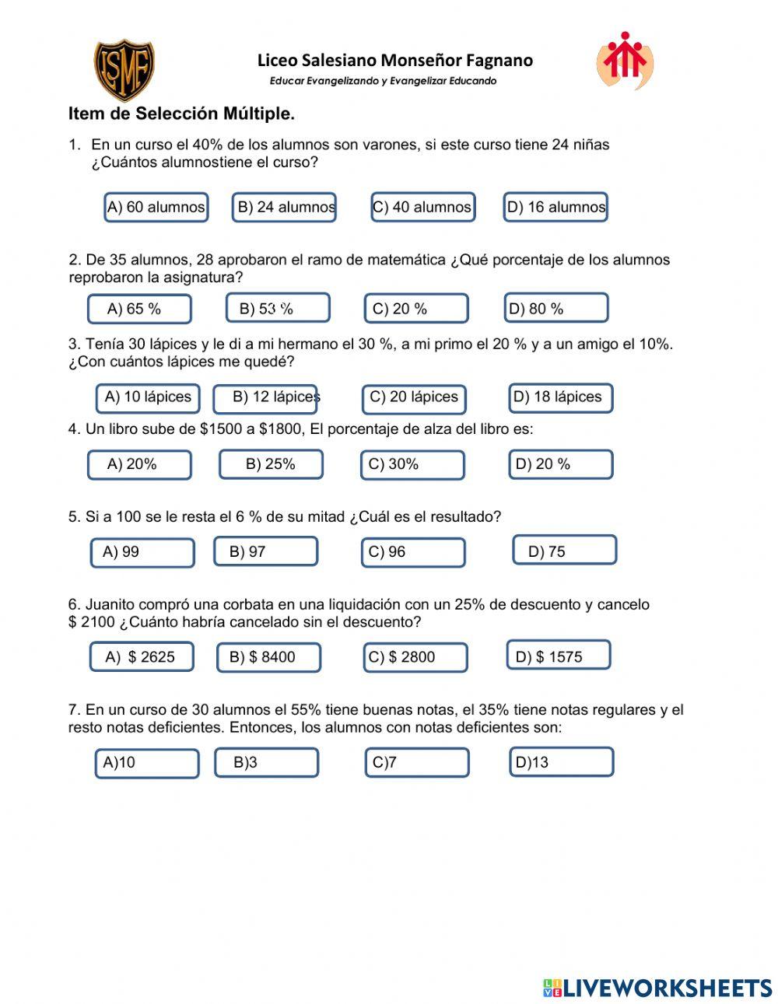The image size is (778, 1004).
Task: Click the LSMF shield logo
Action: coord(124,70)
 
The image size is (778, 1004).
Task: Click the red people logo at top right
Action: coord(625,60)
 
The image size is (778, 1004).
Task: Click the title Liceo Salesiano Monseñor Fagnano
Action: coord(395,61)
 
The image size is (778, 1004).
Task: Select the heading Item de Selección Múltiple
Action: coord(181,114)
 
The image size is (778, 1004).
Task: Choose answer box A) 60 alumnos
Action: coord(156,207)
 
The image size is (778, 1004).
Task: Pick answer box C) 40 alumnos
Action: coord(422,207)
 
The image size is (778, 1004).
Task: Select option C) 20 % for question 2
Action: coord(416,309)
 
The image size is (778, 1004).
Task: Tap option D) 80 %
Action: coord(555,308)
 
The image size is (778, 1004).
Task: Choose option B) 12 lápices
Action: coord(265,398)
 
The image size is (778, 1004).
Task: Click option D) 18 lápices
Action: coord(560,397)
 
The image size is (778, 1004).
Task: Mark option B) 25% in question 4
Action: coord(271,464)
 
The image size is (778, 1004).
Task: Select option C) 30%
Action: coord(412,464)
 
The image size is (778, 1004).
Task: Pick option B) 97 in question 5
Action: coord(265,551)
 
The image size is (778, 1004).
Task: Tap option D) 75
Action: coord(564,550)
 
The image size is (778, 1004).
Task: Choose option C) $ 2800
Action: coord(415,657)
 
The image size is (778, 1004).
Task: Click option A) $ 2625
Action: coord(142,657)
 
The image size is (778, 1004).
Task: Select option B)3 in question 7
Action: coord(266,762)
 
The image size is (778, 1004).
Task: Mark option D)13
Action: coord(560,762)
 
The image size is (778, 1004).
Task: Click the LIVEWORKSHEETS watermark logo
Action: coord(657,988)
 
